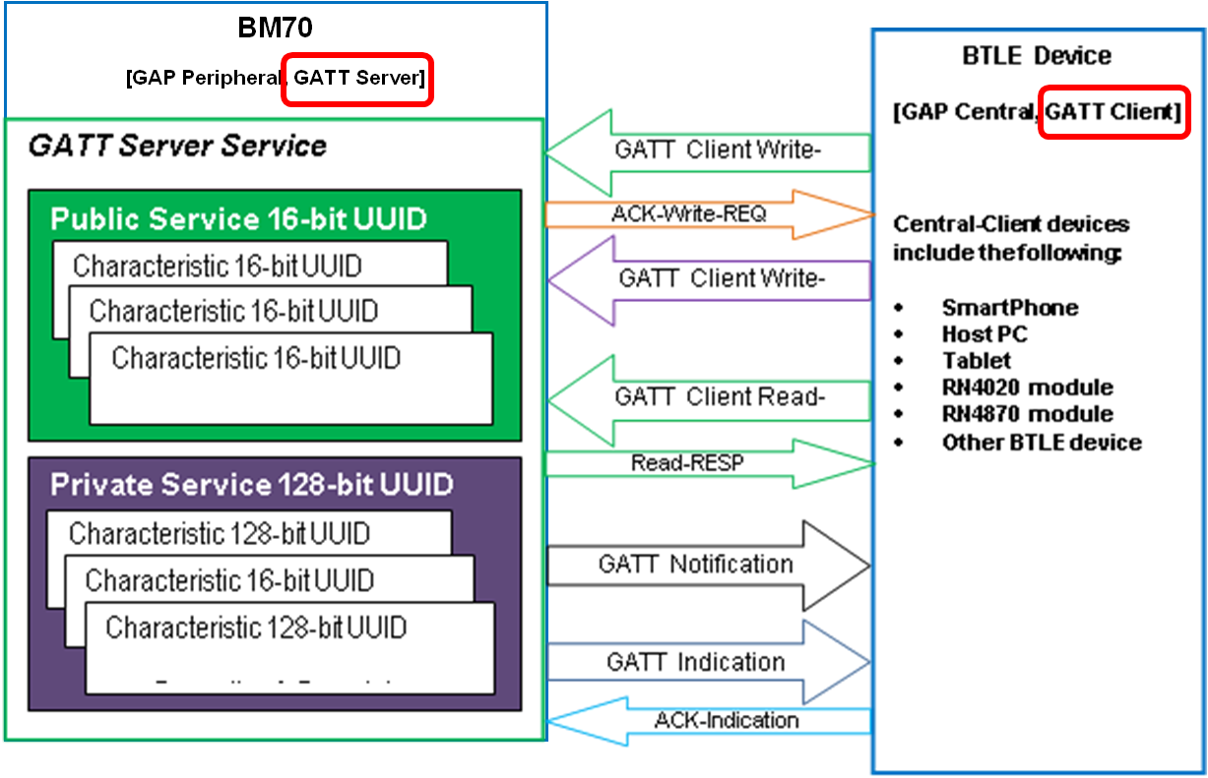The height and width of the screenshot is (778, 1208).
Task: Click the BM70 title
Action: (275, 29)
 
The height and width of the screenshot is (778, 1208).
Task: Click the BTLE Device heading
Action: (1036, 56)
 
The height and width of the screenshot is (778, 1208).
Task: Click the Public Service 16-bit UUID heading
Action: (238, 218)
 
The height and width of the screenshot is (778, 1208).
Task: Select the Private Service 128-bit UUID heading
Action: (251, 485)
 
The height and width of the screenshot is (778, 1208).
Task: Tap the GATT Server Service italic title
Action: (177, 147)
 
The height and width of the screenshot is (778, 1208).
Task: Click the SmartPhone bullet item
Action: (1009, 308)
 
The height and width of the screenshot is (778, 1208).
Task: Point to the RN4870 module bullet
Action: (1027, 414)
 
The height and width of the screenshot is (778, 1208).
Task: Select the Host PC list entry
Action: (984, 334)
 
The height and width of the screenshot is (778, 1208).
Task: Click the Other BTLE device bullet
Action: (1041, 442)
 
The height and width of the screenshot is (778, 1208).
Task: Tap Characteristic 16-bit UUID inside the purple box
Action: (229, 580)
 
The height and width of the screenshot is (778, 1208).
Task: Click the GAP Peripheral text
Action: (204, 79)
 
